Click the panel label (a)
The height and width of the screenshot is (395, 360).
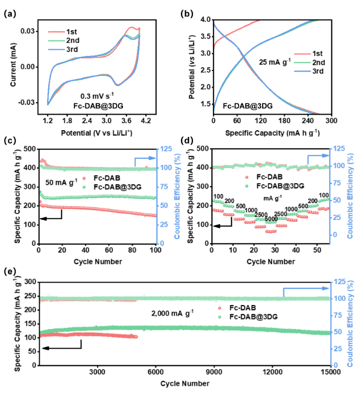click(10, 13)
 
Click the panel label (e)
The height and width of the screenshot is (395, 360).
click(10, 272)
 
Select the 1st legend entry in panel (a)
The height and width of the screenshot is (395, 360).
click(63, 32)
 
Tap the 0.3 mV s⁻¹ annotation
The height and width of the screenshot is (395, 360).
click(97, 96)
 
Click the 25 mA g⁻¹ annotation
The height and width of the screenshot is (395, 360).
click(275, 61)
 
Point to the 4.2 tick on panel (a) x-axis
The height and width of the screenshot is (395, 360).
click(146, 121)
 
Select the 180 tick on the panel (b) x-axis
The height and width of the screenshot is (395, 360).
click(284, 121)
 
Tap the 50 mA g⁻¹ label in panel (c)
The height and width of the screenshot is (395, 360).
click(61, 182)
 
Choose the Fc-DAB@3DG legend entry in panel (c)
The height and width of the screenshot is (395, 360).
click(112, 187)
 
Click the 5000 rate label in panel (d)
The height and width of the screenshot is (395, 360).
click(271, 219)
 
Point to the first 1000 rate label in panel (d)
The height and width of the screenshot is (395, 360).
click(251, 210)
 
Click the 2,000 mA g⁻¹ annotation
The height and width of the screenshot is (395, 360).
click(172, 313)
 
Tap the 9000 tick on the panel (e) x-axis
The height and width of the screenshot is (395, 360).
click(214, 372)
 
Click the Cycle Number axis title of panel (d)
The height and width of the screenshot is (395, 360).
click(271, 261)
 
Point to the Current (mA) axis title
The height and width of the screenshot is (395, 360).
click(13, 65)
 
